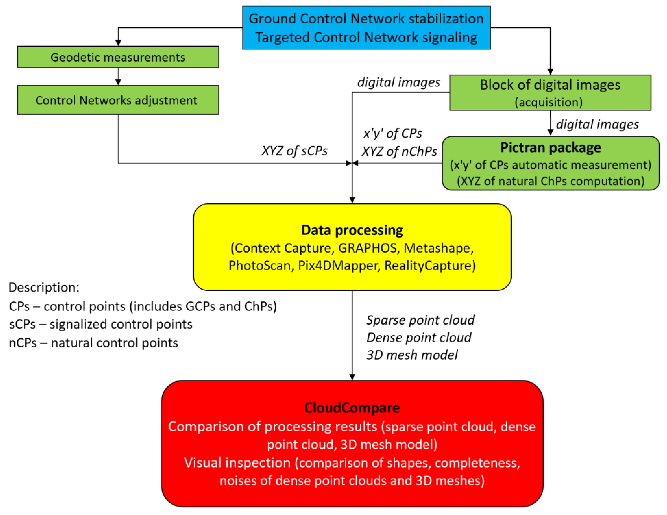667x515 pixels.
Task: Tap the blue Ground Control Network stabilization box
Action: coord(366,27)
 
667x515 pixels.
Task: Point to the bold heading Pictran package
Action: coord(550,148)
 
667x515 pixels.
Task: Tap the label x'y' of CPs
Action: coord(392,133)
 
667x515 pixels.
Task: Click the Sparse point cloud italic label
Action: coord(420,320)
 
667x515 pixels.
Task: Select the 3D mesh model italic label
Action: coord(412,355)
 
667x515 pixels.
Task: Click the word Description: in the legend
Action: coord(44,287)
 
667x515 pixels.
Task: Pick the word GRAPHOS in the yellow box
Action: coord(367,248)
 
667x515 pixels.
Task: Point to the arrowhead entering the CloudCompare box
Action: coord(352,377)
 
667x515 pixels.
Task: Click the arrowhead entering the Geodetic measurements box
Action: coord(118,43)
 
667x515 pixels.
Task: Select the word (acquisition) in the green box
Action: coord(549,102)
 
